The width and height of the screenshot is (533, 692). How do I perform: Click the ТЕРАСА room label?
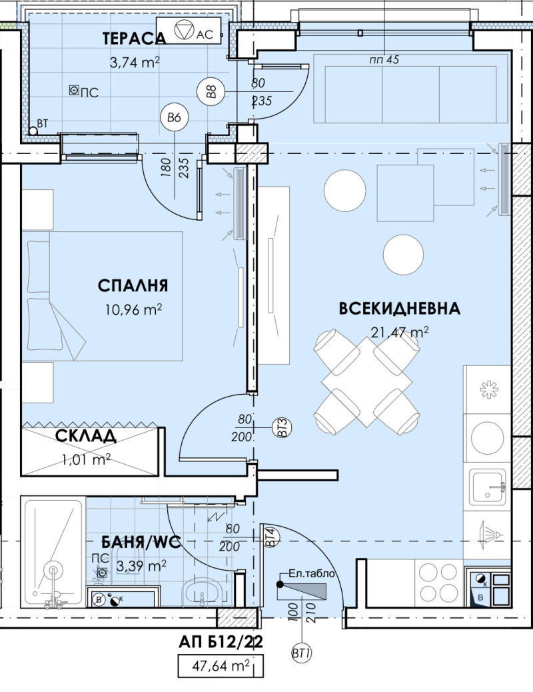coord(134,39)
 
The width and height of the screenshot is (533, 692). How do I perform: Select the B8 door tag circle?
coord(213,90)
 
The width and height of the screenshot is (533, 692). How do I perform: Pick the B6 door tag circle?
coord(175,118)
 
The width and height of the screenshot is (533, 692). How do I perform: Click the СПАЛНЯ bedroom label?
coord(133,286)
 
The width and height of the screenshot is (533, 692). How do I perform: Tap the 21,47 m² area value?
coord(399,331)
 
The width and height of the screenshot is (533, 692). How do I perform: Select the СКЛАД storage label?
coord(86,437)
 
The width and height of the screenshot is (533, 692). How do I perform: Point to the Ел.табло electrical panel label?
coord(311,573)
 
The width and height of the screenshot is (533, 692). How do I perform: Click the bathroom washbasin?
coord(200,590)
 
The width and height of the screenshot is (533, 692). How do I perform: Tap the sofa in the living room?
coord(406,94)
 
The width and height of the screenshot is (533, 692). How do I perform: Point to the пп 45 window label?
coord(383,60)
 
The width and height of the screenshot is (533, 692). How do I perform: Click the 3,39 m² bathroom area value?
coord(141,566)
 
